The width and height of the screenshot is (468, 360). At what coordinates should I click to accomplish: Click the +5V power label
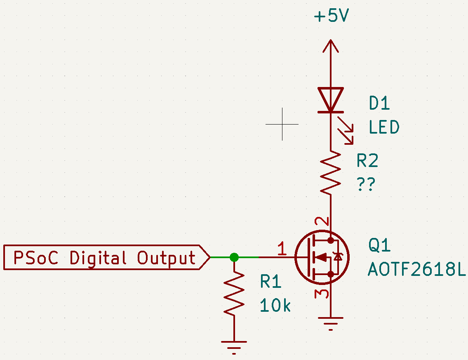coord(331,15)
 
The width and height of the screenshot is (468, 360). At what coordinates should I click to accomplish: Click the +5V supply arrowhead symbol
coord(331,46)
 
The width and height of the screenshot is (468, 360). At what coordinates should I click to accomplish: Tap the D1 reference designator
coord(379,103)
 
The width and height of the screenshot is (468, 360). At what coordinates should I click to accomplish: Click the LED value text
coord(384,127)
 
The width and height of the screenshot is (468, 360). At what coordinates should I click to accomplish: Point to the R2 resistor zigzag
coord(331,173)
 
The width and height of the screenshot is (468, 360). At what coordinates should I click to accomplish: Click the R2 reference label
coord(368,160)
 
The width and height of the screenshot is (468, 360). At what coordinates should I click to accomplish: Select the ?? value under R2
coord(366,184)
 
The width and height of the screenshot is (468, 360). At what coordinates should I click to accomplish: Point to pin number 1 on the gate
coord(282,249)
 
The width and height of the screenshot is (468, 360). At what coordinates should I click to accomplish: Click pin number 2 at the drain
coord(322,221)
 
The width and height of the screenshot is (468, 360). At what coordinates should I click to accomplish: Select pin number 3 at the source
coord(322,294)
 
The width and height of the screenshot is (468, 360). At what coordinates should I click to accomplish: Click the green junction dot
coord(234,257)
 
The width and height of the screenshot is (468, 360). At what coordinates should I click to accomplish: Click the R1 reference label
coord(271,281)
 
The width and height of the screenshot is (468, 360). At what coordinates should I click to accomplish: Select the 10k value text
coord(275,306)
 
